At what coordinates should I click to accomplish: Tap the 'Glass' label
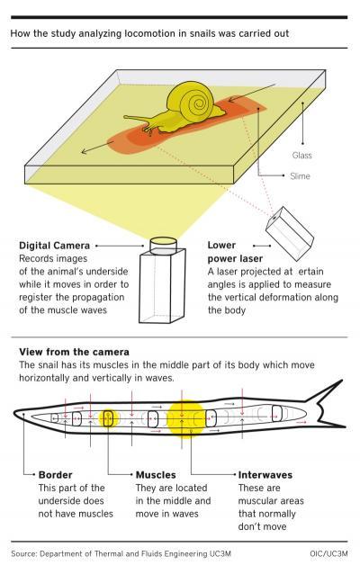(302, 156)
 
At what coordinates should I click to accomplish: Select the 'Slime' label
(300, 176)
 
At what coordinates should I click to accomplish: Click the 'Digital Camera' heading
(54, 246)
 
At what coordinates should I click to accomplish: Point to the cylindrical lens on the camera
(163, 246)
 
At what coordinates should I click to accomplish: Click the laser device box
(290, 234)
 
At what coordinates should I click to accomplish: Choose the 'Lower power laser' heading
(235, 252)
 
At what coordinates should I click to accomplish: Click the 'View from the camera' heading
(74, 352)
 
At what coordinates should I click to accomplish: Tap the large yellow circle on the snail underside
(184, 419)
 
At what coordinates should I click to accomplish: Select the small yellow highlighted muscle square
(108, 418)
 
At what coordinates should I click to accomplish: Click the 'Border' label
(56, 475)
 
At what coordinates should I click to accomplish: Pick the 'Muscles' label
(156, 475)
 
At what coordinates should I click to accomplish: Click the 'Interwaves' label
(265, 475)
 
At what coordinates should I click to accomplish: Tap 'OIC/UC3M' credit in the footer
(328, 553)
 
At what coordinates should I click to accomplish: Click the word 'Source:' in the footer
(23, 553)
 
